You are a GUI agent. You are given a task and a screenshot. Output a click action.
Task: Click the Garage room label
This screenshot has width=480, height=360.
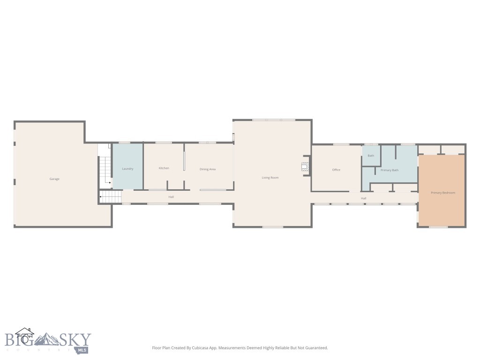[x=54, y=179]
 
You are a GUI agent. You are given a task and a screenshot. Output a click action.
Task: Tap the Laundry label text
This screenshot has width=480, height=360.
[x=127, y=169]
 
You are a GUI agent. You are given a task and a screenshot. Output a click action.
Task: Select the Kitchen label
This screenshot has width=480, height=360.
[x=164, y=168]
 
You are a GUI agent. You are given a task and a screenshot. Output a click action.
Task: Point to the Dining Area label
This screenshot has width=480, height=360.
[x=208, y=169]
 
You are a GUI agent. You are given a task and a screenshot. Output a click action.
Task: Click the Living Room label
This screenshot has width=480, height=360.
[x=270, y=178]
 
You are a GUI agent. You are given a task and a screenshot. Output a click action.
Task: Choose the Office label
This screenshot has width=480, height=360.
[x=336, y=170]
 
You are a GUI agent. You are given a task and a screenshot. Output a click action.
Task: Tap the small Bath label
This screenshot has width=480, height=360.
[x=371, y=156]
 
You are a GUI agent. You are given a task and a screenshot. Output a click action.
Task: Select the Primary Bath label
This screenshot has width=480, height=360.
[x=390, y=170]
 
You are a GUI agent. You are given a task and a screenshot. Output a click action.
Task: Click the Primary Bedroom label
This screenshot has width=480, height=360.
[x=443, y=193]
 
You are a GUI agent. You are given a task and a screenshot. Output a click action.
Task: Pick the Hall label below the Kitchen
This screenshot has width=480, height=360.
[x=171, y=197]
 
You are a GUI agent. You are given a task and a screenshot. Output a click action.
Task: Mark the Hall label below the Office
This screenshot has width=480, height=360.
[x=363, y=198]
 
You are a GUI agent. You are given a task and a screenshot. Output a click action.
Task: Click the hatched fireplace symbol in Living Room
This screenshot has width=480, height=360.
[x=305, y=165]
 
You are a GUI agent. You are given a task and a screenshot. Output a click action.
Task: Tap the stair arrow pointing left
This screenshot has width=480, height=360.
[x=100, y=197]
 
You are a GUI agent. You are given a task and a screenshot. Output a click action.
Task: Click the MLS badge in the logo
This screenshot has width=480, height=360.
[x=82, y=350]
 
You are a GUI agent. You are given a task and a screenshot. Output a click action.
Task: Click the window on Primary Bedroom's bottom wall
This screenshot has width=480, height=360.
[x=438, y=227]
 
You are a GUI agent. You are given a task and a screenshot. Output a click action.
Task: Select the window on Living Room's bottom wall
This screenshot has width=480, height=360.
[x=272, y=227]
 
